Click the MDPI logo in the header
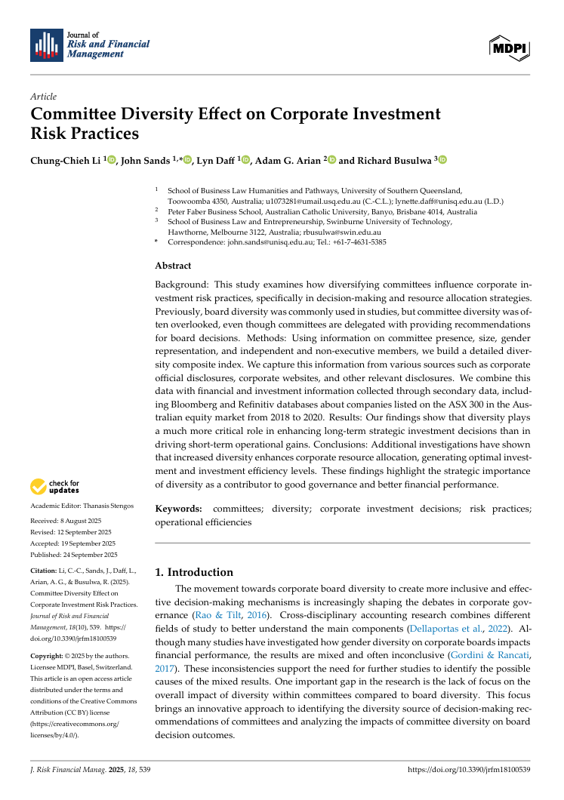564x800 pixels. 510,48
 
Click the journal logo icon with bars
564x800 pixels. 46,45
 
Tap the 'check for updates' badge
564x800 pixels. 54,487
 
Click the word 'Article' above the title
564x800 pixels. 43,97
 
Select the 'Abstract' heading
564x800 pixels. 173,266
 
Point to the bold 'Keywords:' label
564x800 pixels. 178,509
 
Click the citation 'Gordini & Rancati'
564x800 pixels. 489,656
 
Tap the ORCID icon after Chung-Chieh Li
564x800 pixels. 112,160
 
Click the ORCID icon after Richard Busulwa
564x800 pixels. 442,160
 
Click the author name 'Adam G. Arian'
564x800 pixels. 288,160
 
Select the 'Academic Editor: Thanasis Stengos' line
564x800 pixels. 82,505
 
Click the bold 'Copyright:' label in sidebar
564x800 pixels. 47,655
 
